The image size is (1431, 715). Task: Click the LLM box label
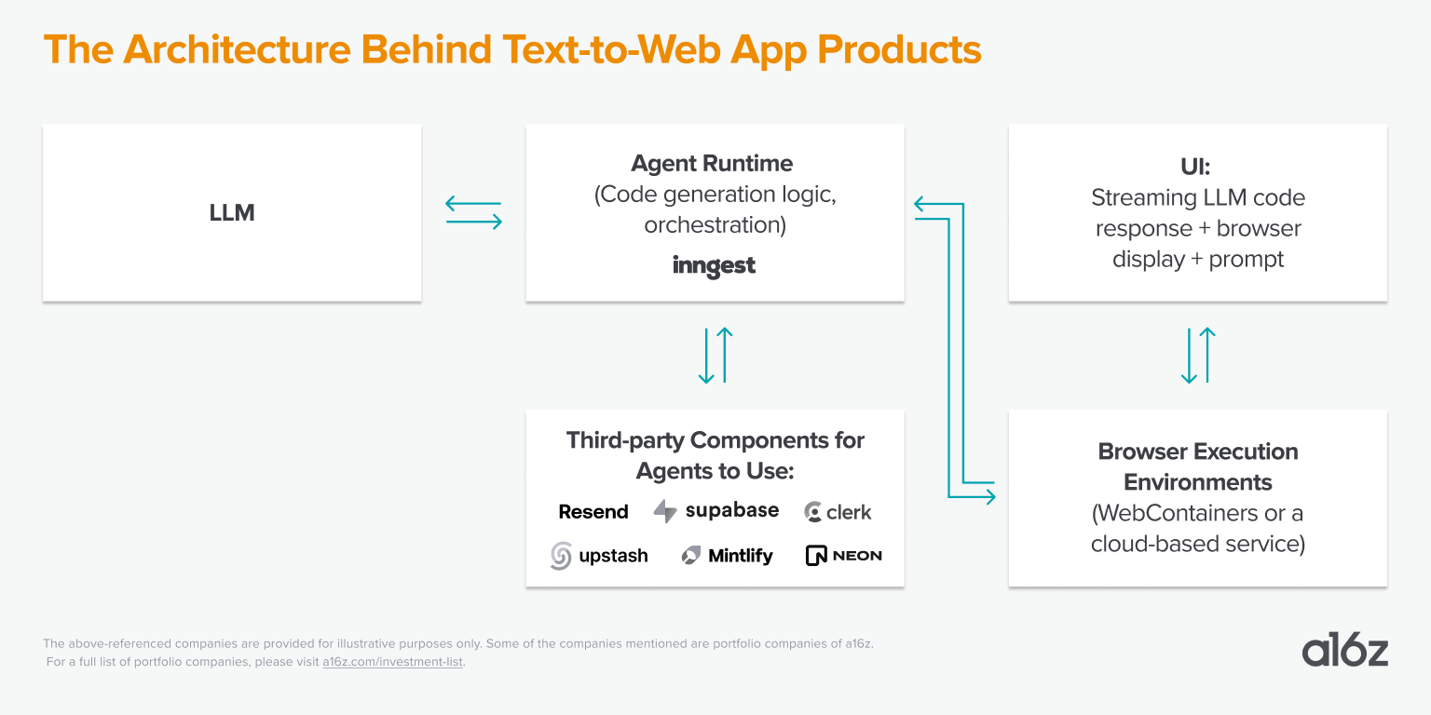pyautogui.click(x=232, y=213)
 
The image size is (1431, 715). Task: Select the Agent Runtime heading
pyautogui.click(x=712, y=164)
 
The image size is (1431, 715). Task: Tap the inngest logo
pyautogui.click(x=714, y=266)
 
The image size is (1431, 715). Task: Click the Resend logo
pyautogui.click(x=593, y=512)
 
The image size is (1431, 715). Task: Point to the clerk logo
pyautogui.click(x=838, y=512)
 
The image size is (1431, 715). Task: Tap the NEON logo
pyautogui.click(x=843, y=556)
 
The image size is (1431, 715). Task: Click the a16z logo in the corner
pyautogui.click(x=1344, y=651)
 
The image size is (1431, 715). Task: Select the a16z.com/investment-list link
pyautogui.click(x=392, y=662)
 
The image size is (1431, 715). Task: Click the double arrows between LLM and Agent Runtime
pyautogui.click(x=473, y=213)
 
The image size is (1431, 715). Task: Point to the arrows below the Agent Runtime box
pyautogui.click(x=715, y=355)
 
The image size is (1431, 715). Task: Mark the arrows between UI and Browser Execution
pyautogui.click(x=1197, y=355)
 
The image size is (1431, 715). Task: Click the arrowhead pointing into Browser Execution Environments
pyautogui.click(x=988, y=498)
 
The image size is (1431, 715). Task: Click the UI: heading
pyautogui.click(x=1197, y=167)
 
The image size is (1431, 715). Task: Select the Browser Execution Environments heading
pyautogui.click(x=1197, y=466)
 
